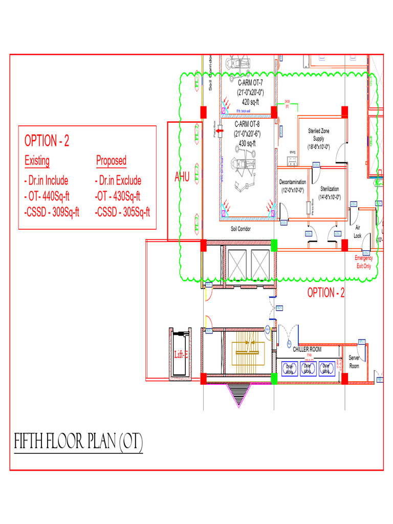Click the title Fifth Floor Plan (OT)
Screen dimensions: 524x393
click(x=78, y=442)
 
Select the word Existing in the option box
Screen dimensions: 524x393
click(x=37, y=161)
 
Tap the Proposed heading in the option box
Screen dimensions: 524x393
click(x=111, y=161)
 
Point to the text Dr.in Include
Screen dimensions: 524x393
click(x=46, y=181)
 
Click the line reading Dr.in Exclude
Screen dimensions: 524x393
click(x=118, y=181)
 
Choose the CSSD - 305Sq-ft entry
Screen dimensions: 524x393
click(x=122, y=212)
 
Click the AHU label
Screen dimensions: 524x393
click(x=182, y=177)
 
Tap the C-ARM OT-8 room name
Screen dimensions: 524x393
click(x=248, y=124)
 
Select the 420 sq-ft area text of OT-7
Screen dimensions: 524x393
click(x=250, y=102)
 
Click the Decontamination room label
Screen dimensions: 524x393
click(x=292, y=183)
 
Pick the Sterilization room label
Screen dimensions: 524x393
click(x=330, y=189)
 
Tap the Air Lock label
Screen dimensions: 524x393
click(x=357, y=232)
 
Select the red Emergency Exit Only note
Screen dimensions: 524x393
click(x=363, y=262)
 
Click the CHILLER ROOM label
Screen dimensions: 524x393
click(x=307, y=350)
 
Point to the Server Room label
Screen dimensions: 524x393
click(x=354, y=362)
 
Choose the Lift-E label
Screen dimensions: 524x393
click(x=181, y=354)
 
